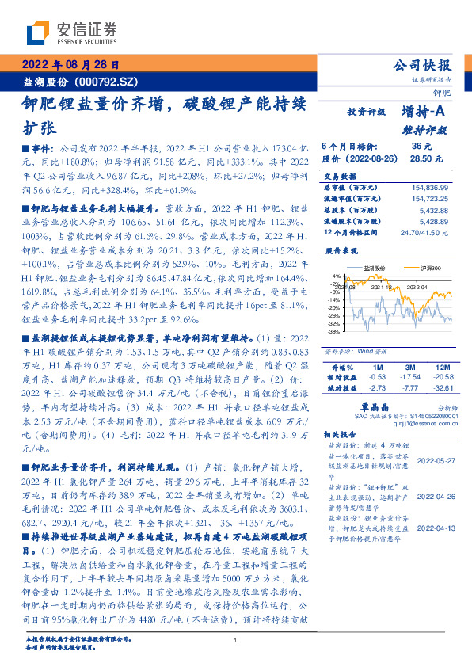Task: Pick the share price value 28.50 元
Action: [420, 159]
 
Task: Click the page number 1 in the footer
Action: [236, 640]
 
